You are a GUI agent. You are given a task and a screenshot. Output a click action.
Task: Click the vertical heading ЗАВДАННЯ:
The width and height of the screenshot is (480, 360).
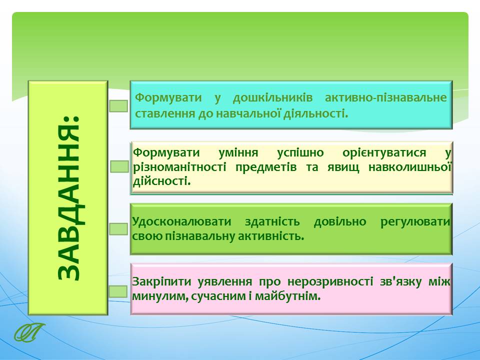(x=69, y=198)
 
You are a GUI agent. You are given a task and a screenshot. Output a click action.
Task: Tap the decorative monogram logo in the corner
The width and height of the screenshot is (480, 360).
(x=29, y=332)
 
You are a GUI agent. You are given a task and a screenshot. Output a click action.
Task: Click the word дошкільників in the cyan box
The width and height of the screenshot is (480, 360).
(x=273, y=98)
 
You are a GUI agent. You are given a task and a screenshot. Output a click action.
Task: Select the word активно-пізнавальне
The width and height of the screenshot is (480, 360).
(x=385, y=98)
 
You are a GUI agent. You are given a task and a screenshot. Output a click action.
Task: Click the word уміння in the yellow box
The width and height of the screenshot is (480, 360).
(x=238, y=152)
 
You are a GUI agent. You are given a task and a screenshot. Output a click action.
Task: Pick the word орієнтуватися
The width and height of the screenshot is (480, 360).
(x=384, y=152)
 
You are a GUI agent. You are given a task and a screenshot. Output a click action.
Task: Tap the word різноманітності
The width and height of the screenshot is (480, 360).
(x=179, y=167)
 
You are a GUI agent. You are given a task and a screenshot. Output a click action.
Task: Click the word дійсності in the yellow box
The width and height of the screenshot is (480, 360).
(x=161, y=181)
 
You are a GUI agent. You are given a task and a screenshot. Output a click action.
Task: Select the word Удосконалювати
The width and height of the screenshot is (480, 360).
(x=181, y=221)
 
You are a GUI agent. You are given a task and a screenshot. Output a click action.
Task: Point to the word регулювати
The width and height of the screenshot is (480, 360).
(x=415, y=221)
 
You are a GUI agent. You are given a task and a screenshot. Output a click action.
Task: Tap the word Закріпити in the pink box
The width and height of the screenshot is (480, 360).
(x=161, y=281)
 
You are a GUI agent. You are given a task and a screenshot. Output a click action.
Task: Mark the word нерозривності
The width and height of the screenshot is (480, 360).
(x=330, y=281)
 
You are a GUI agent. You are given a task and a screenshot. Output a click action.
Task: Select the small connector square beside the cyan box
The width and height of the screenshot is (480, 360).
(x=118, y=106)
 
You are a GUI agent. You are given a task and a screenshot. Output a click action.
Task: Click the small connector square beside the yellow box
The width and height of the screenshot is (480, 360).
(x=119, y=166)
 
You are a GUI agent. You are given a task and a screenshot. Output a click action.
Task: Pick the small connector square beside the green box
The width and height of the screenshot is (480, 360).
(x=118, y=229)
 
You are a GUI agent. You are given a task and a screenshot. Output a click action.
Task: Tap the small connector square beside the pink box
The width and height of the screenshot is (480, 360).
(x=118, y=291)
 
